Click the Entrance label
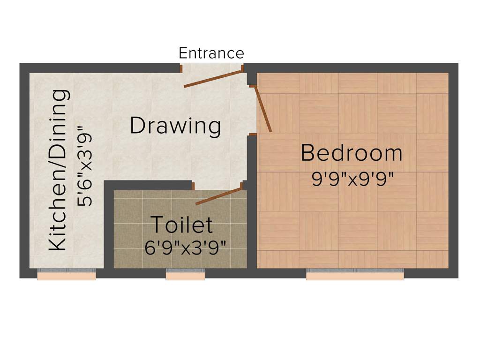[211, 53]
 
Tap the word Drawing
[175, 126]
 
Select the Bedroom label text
[352, 153]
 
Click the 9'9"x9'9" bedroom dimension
[352, 178]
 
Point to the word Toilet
[181, 225]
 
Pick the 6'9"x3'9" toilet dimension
[186, 247]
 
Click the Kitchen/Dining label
[59, 170]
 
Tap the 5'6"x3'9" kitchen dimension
[86, 165]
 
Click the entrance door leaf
[213, 79]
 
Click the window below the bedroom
[355, 275]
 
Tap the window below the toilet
[185, 275]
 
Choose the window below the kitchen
[67, 275]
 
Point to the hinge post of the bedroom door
[252, 86]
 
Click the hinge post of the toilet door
[243, 186]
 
